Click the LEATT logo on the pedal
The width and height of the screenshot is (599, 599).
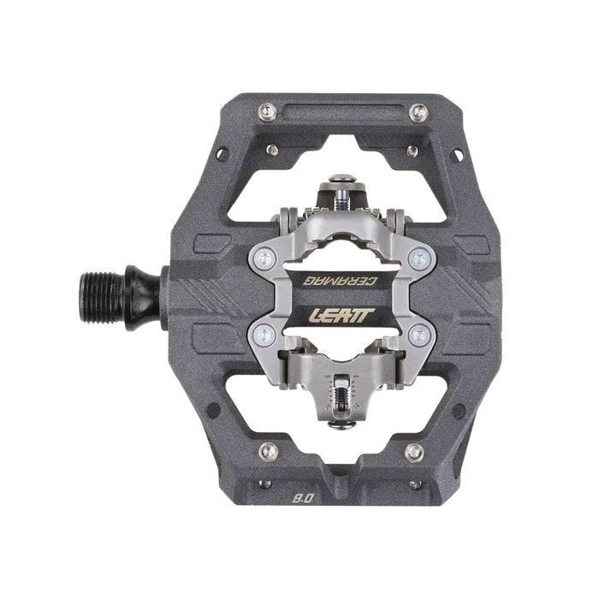[340, 315]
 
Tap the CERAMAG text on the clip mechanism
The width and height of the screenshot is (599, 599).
[342, 279]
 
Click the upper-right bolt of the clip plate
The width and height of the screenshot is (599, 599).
[419, 257]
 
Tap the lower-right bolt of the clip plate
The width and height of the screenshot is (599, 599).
[418, 336]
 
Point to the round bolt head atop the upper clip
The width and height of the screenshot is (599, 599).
[340, 181]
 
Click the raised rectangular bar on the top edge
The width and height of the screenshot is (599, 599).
[342, 110]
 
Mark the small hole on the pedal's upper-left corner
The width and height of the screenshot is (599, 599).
[222, 155]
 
